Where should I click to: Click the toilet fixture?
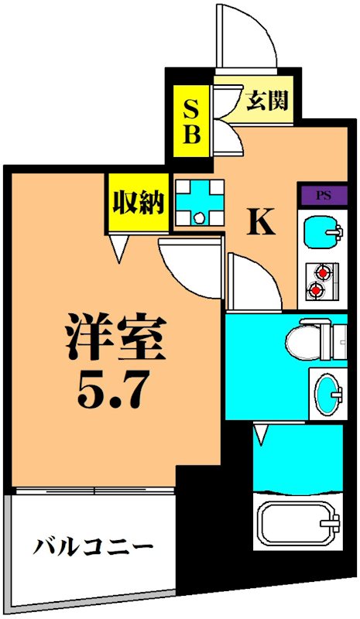pos(310,340)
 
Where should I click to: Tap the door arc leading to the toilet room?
pos(252,282)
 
